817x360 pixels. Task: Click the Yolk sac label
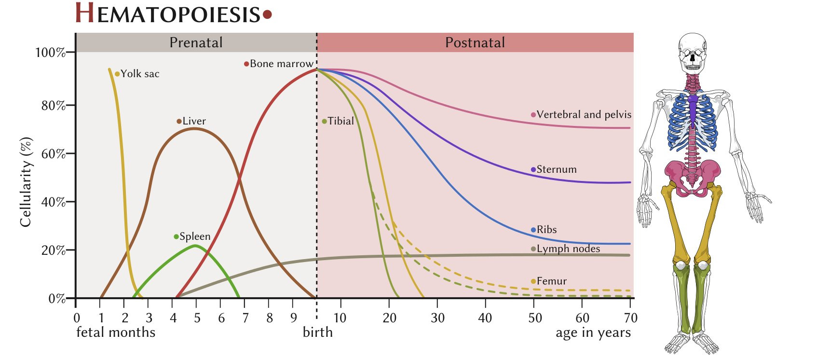139,74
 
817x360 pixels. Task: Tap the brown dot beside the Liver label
179,122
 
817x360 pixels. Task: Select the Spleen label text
195,236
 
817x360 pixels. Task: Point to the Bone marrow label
281,64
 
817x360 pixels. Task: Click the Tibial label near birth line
340,121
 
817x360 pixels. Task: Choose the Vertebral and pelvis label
584,115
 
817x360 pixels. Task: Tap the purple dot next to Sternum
533,169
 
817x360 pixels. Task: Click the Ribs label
546,230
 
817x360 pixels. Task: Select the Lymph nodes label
568,249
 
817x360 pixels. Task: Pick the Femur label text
551,281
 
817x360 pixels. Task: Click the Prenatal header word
196,42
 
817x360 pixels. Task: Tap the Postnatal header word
475,42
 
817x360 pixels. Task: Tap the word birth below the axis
317,332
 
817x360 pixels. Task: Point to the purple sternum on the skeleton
693,110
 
